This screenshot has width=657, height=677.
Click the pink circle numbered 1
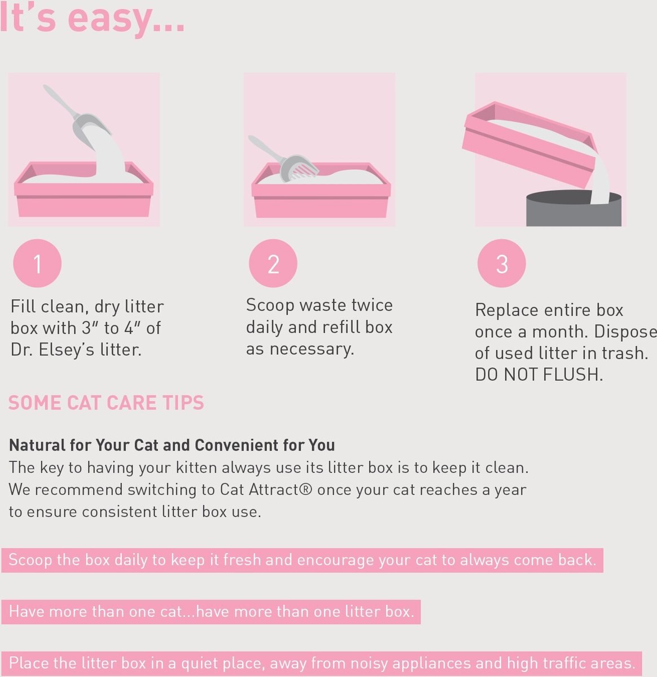pos(37,263)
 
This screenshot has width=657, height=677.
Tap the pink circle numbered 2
pos(273,263)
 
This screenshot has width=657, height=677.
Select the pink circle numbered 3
pos(501,263)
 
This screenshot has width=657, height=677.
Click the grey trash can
pos(573,209)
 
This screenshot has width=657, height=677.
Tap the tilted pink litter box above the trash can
pos(529,143)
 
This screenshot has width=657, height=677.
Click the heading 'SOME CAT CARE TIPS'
pos(106,403)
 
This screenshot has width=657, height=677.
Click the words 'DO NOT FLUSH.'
pos(539,375)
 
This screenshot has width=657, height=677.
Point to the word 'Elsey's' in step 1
pos(66,350)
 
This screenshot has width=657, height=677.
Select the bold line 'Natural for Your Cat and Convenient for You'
pos(172,445)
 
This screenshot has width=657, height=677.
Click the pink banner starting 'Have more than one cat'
pos(211,612)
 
